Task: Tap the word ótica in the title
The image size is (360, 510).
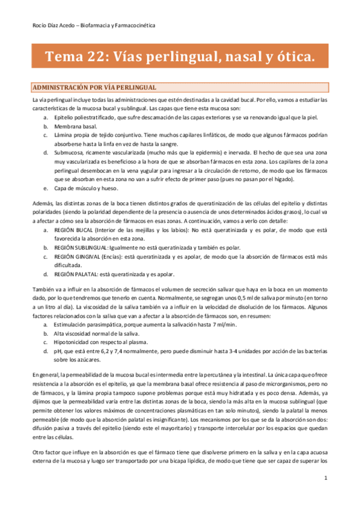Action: [289, 58]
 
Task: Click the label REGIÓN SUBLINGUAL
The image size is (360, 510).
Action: [82, 247]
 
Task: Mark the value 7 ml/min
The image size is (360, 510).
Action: [224, 324]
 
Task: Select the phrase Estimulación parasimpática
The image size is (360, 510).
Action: [89, 324]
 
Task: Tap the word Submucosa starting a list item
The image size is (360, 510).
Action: [69, 153]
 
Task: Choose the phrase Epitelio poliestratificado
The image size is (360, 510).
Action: [88, 118]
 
